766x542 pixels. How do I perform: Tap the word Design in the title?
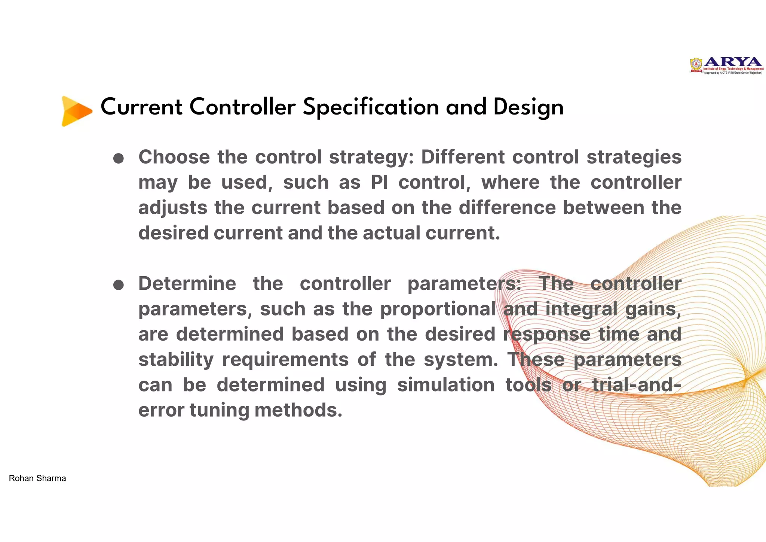[528, 107]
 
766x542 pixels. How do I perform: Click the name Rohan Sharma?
[37, 478]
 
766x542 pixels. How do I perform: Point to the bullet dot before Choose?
[119, 158]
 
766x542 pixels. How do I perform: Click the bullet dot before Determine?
[119, 285]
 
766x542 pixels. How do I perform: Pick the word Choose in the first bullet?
[174, 157]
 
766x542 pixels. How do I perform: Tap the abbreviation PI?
[379, 183]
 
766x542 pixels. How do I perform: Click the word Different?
[463, 157]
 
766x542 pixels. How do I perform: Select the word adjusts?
[173, 208]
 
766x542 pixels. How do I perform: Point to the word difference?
[507, 208]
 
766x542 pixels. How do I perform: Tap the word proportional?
[438, 309]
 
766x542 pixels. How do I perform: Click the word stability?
[176, 360]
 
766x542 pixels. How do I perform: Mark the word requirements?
[285, 360]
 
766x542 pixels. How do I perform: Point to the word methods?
[298, 410]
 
